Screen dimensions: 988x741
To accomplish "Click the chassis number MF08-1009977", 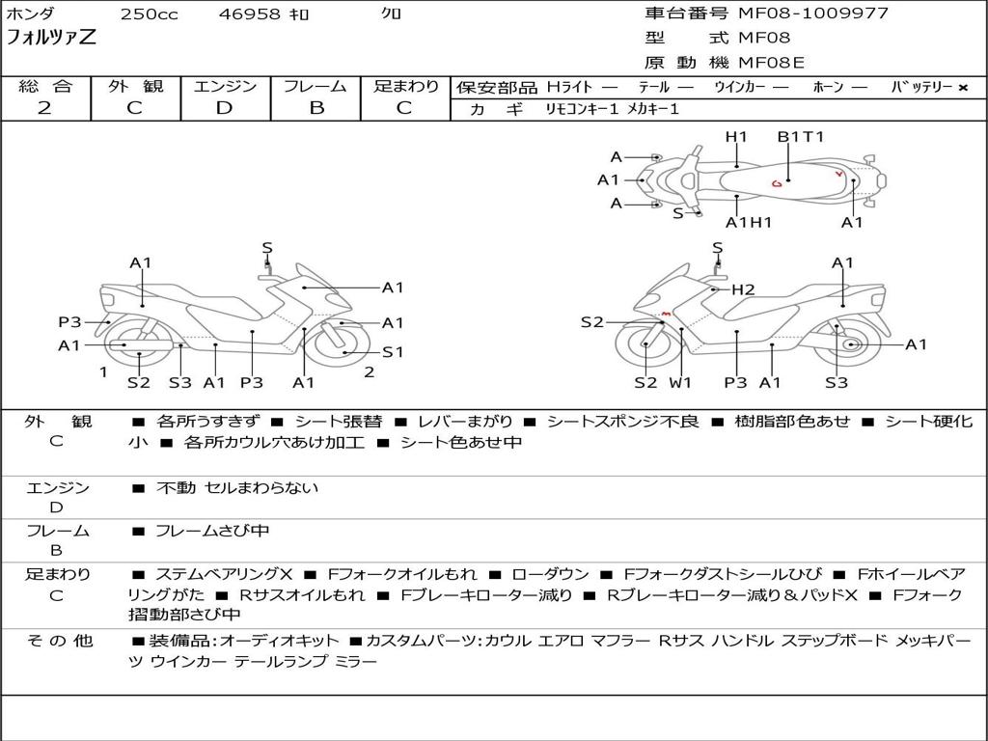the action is click(813, 14).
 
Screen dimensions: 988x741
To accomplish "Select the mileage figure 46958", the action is click(250, 14).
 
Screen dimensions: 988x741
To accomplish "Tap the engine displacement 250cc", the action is click(149, 14).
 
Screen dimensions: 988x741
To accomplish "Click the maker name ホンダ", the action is click(31, 14).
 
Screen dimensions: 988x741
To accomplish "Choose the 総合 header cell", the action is click(45, 87).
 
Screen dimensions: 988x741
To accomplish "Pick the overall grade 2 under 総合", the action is click(44, 108).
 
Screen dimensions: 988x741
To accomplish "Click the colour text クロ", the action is click(392, 14).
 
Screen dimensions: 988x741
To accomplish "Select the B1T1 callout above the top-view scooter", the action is click(801, 137).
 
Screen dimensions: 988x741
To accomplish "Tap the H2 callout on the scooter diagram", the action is click(743, 289).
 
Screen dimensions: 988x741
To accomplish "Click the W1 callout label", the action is click(681, 383).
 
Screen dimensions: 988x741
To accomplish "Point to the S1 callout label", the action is click(393, 352).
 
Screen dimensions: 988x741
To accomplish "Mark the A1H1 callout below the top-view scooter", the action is click(749, 223).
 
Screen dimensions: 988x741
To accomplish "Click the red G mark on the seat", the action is click(777, 182).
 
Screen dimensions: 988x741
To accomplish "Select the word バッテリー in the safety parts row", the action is click(922, 88).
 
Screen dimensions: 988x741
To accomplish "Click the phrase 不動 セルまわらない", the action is click(237, 488).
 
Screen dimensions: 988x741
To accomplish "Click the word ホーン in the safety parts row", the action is click(827, 88).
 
